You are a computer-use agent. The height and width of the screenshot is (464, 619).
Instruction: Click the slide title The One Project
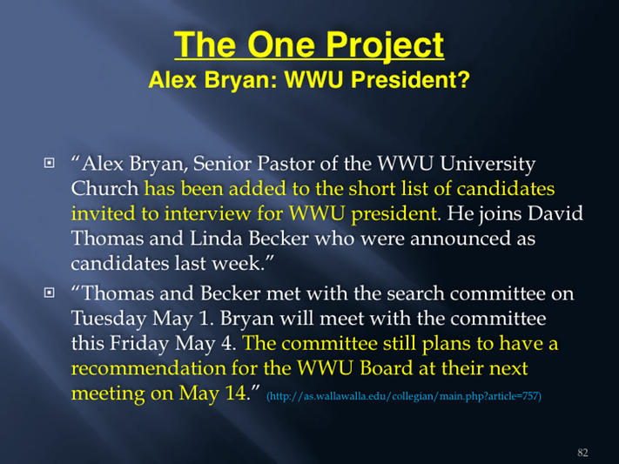(x=309, y=45)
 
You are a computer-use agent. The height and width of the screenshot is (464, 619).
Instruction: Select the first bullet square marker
(x=50, y=163)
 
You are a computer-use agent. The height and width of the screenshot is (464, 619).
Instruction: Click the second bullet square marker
(x=50, y=293)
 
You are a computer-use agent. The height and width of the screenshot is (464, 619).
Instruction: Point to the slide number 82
(x=582, y=453)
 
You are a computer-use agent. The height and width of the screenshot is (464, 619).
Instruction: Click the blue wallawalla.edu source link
(x=404, y=396)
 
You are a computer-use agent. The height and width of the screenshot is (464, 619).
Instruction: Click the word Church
(x=104, y=189)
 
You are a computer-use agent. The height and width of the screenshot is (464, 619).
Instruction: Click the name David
(x=555, y=213)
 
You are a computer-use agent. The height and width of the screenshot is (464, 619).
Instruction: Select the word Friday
(x=139, y=344)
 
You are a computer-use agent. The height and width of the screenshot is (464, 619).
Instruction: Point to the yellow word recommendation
(x=148, y=369)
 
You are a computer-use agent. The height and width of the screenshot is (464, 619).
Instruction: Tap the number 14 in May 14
(x=236, y=393)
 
